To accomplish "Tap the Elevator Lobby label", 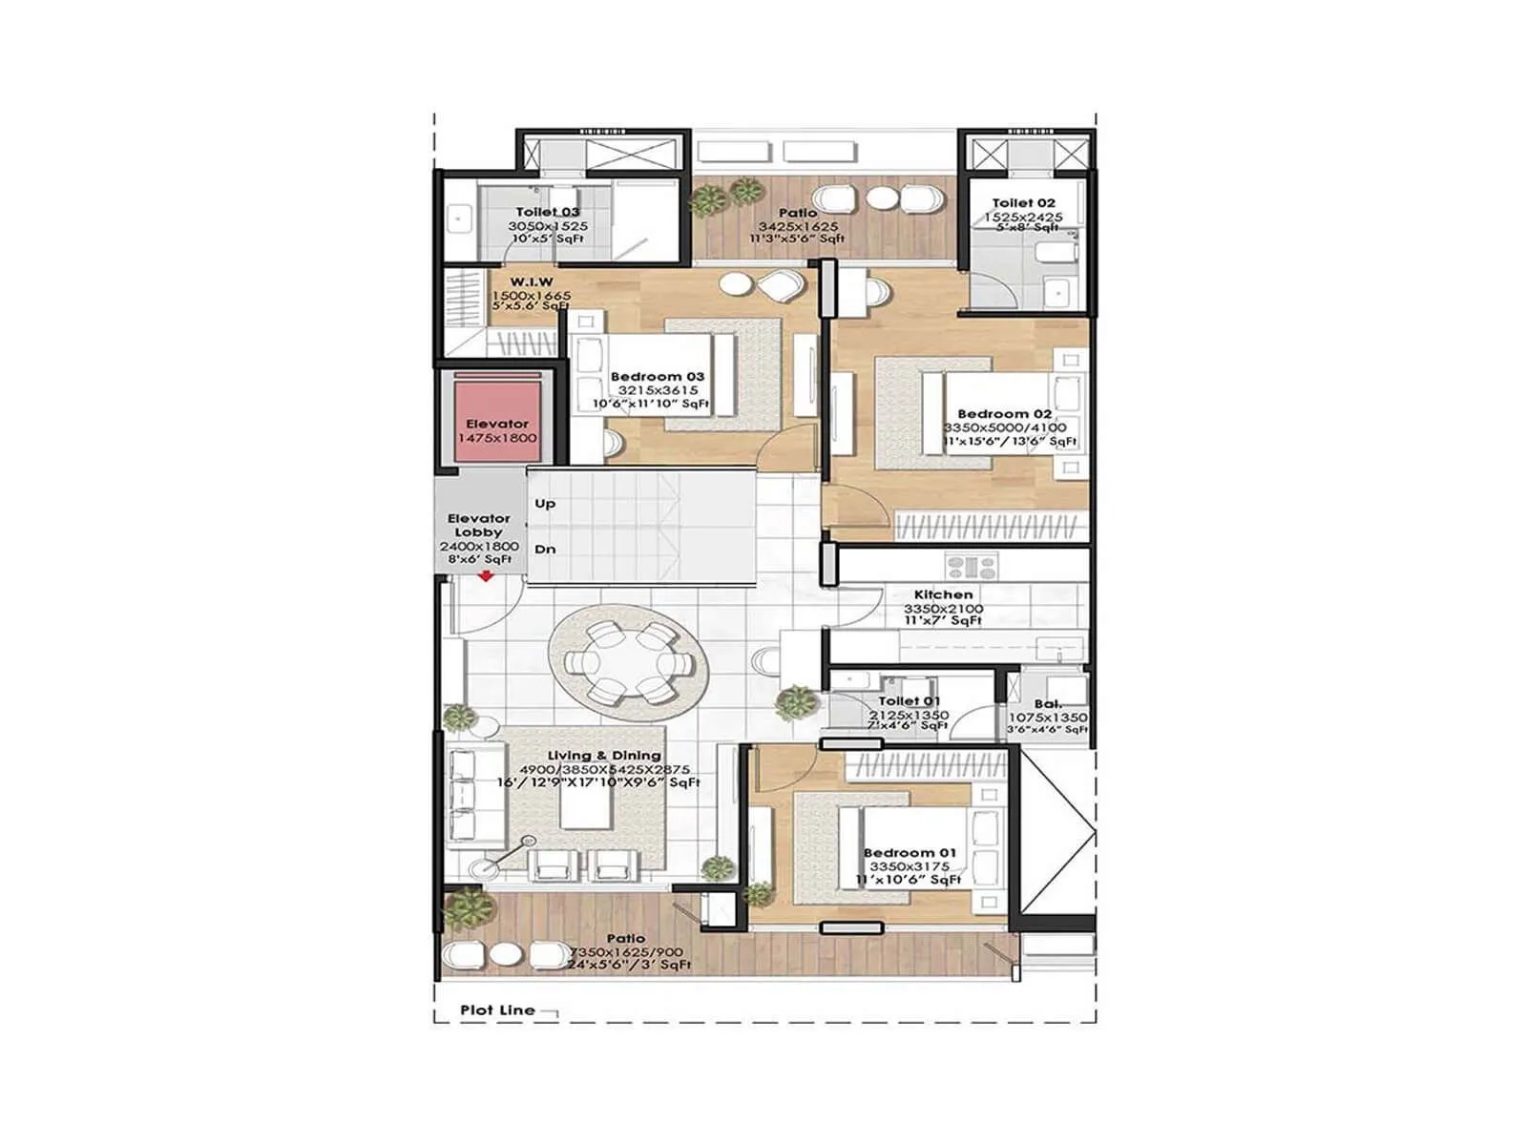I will coord(479,525).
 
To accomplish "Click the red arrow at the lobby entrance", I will coord(486,575).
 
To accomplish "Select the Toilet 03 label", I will coord(548,212).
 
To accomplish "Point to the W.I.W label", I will coord(532,282).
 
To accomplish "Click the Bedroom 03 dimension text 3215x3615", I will coord(658,390).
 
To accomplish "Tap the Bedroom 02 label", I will coord(1004,414).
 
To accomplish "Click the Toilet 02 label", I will coord(1023,203).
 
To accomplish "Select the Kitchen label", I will coord(943,594).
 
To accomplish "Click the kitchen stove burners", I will coord(971,567).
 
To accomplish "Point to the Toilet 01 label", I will coord(909,701).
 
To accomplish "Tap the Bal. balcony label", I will coord(1047,704).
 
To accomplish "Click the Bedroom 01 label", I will coord(909,853).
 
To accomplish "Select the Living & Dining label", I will coord(603,756).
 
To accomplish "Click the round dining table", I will coord(627,662).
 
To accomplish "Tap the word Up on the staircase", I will coord(545,504).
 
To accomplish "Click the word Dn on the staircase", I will coord(545,550).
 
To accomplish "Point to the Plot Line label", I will coord(497,1010).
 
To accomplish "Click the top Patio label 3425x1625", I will coord(798,226).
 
